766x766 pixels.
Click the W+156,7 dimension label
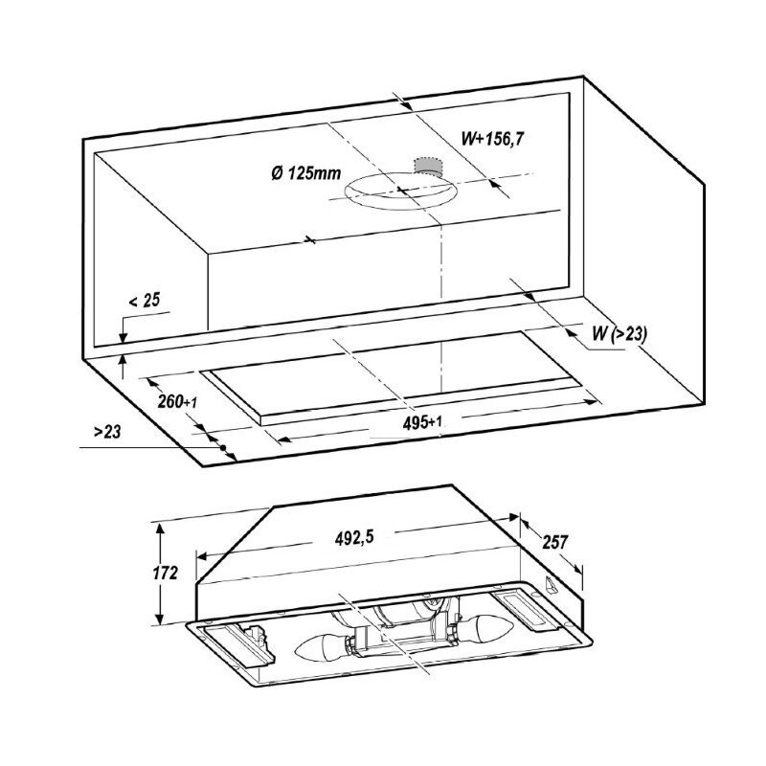[x=492, y=139]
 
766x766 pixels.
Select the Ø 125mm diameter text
[x=305, y=173]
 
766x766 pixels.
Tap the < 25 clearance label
[x=145, y=301]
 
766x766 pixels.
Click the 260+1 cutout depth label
[x=177, y=401]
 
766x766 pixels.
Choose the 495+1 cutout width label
[x=422, y=422]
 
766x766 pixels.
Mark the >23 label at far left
[x=107, y=432]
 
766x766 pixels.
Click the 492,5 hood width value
[x=354, y=538]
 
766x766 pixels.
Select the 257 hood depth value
[x=555, y=542]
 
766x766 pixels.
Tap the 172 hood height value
[x=165, y=573]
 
